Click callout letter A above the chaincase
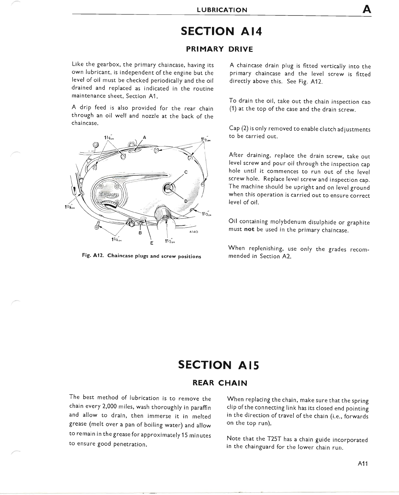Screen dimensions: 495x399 144,137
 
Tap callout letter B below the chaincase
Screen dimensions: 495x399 140,233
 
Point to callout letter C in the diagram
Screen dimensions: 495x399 186,172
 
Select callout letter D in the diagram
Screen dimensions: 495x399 186,201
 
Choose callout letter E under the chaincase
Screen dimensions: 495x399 152,243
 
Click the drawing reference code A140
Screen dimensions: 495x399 193,232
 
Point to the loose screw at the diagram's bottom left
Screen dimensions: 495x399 97,226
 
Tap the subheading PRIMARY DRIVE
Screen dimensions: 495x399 220,49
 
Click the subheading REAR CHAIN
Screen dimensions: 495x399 219,383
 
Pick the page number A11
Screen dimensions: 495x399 363,464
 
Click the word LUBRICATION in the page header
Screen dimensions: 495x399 222,10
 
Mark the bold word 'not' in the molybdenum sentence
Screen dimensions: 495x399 249,230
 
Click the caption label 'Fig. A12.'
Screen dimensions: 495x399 94,256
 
